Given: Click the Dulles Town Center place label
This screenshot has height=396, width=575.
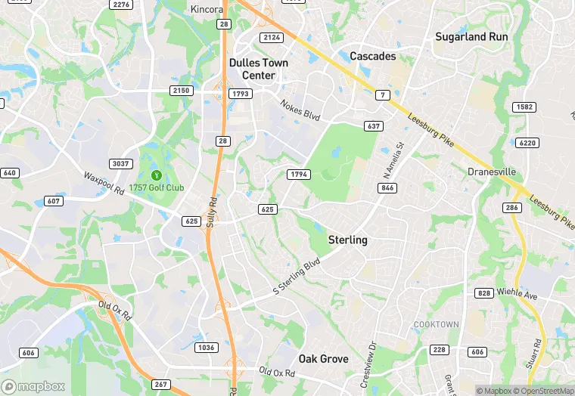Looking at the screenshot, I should [x=259, y=69].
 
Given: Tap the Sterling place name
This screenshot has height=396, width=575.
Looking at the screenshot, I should [x=347, y=240].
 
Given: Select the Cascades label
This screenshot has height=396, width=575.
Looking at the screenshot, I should [x=372, y=56].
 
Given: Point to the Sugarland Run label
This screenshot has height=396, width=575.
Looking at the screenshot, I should [x=471, y=36].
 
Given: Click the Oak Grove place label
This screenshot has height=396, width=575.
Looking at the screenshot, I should [x=323, y=358].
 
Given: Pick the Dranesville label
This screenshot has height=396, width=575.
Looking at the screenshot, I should [x=491, y=172].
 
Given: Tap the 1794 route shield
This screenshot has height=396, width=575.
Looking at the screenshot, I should [x=299, y=175].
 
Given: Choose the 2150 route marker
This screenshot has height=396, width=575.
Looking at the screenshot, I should [x=182, y=91].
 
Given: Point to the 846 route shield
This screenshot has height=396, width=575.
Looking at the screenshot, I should [x=388, y=187].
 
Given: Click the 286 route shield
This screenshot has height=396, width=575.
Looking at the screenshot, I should [x=512, y=207].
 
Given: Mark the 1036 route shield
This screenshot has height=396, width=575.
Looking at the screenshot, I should [x=205, y=348].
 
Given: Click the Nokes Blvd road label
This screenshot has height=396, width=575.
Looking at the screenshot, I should [x=300, y=110].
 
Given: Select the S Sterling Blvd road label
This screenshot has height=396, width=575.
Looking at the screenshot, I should [x=297, y=277].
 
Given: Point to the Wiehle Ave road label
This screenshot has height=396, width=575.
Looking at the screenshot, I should [x=517, y=293].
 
